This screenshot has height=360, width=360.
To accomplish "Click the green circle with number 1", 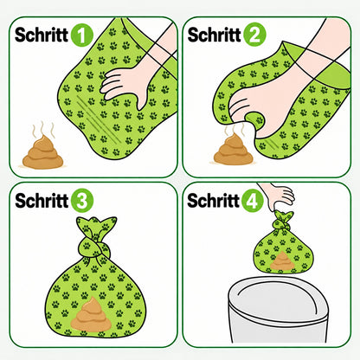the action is pyautogui.click(x=82, y=35).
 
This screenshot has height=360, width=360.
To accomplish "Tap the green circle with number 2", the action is pyautogui.click(x=254, y=35).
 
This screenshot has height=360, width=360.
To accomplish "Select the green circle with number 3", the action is pyautogui.click(x=82, y=201).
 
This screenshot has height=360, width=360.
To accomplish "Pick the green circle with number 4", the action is pyautogui.click(x=253, y=201).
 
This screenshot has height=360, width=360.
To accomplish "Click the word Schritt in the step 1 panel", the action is pyautogui.click(x=42, y=35).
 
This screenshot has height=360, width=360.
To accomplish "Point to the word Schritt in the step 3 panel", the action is pyautogui.click(x=42, y=201).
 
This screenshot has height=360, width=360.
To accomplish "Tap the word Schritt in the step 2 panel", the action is pyautogui.click(x=215, y=35).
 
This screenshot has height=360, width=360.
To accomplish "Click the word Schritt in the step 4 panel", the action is pyautogui.click(x=214, y=201).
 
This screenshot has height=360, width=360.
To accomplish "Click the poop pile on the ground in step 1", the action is pyautogui.click(x=43, y=152).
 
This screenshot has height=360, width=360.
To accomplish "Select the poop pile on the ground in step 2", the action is pyautogui.click(x=233, y=150).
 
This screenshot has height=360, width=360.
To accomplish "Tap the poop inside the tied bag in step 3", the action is pyautogui.click(x=91, y=314).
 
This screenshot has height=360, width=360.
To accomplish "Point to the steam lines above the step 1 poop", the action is pyautogui.click(x=42, y=130).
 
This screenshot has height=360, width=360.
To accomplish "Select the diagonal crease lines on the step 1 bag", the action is pyautogui.click(x=97, y=119).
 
